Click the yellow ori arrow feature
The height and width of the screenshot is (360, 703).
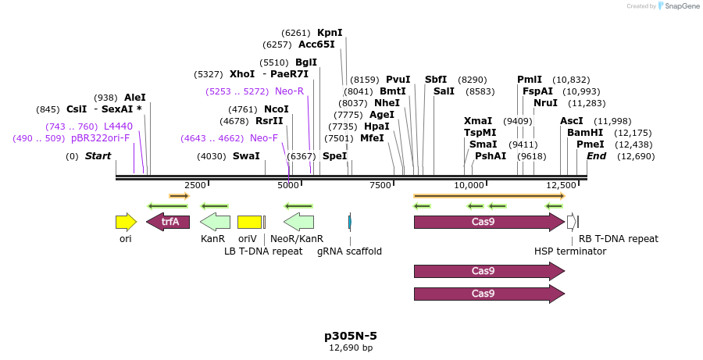[126, 222]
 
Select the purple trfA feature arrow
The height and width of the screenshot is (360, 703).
[168, 222]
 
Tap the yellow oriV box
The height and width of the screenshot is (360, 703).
[249, 222]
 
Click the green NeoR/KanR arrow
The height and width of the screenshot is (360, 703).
[298, 222]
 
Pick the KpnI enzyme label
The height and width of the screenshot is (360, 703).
[330, 33]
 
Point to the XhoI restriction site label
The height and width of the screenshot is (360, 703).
[242, 74]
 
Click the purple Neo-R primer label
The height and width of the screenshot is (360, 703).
[289, 91]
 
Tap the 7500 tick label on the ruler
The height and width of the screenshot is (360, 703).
[380, 185]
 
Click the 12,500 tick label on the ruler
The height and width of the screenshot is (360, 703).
[562, 185]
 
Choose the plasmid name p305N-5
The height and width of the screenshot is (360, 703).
[351, 336]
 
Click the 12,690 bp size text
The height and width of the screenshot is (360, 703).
[351, 348]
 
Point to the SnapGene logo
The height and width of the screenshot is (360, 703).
[676, 6]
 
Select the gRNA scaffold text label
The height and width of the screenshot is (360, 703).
[349, 251]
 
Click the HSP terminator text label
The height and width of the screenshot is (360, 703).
[570, 251]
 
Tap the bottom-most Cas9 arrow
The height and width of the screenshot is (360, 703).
[489, 294]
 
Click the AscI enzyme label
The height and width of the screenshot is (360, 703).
[572, 121]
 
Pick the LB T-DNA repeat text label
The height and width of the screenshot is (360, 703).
[263, 251]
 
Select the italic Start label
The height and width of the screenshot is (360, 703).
[98, 156]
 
